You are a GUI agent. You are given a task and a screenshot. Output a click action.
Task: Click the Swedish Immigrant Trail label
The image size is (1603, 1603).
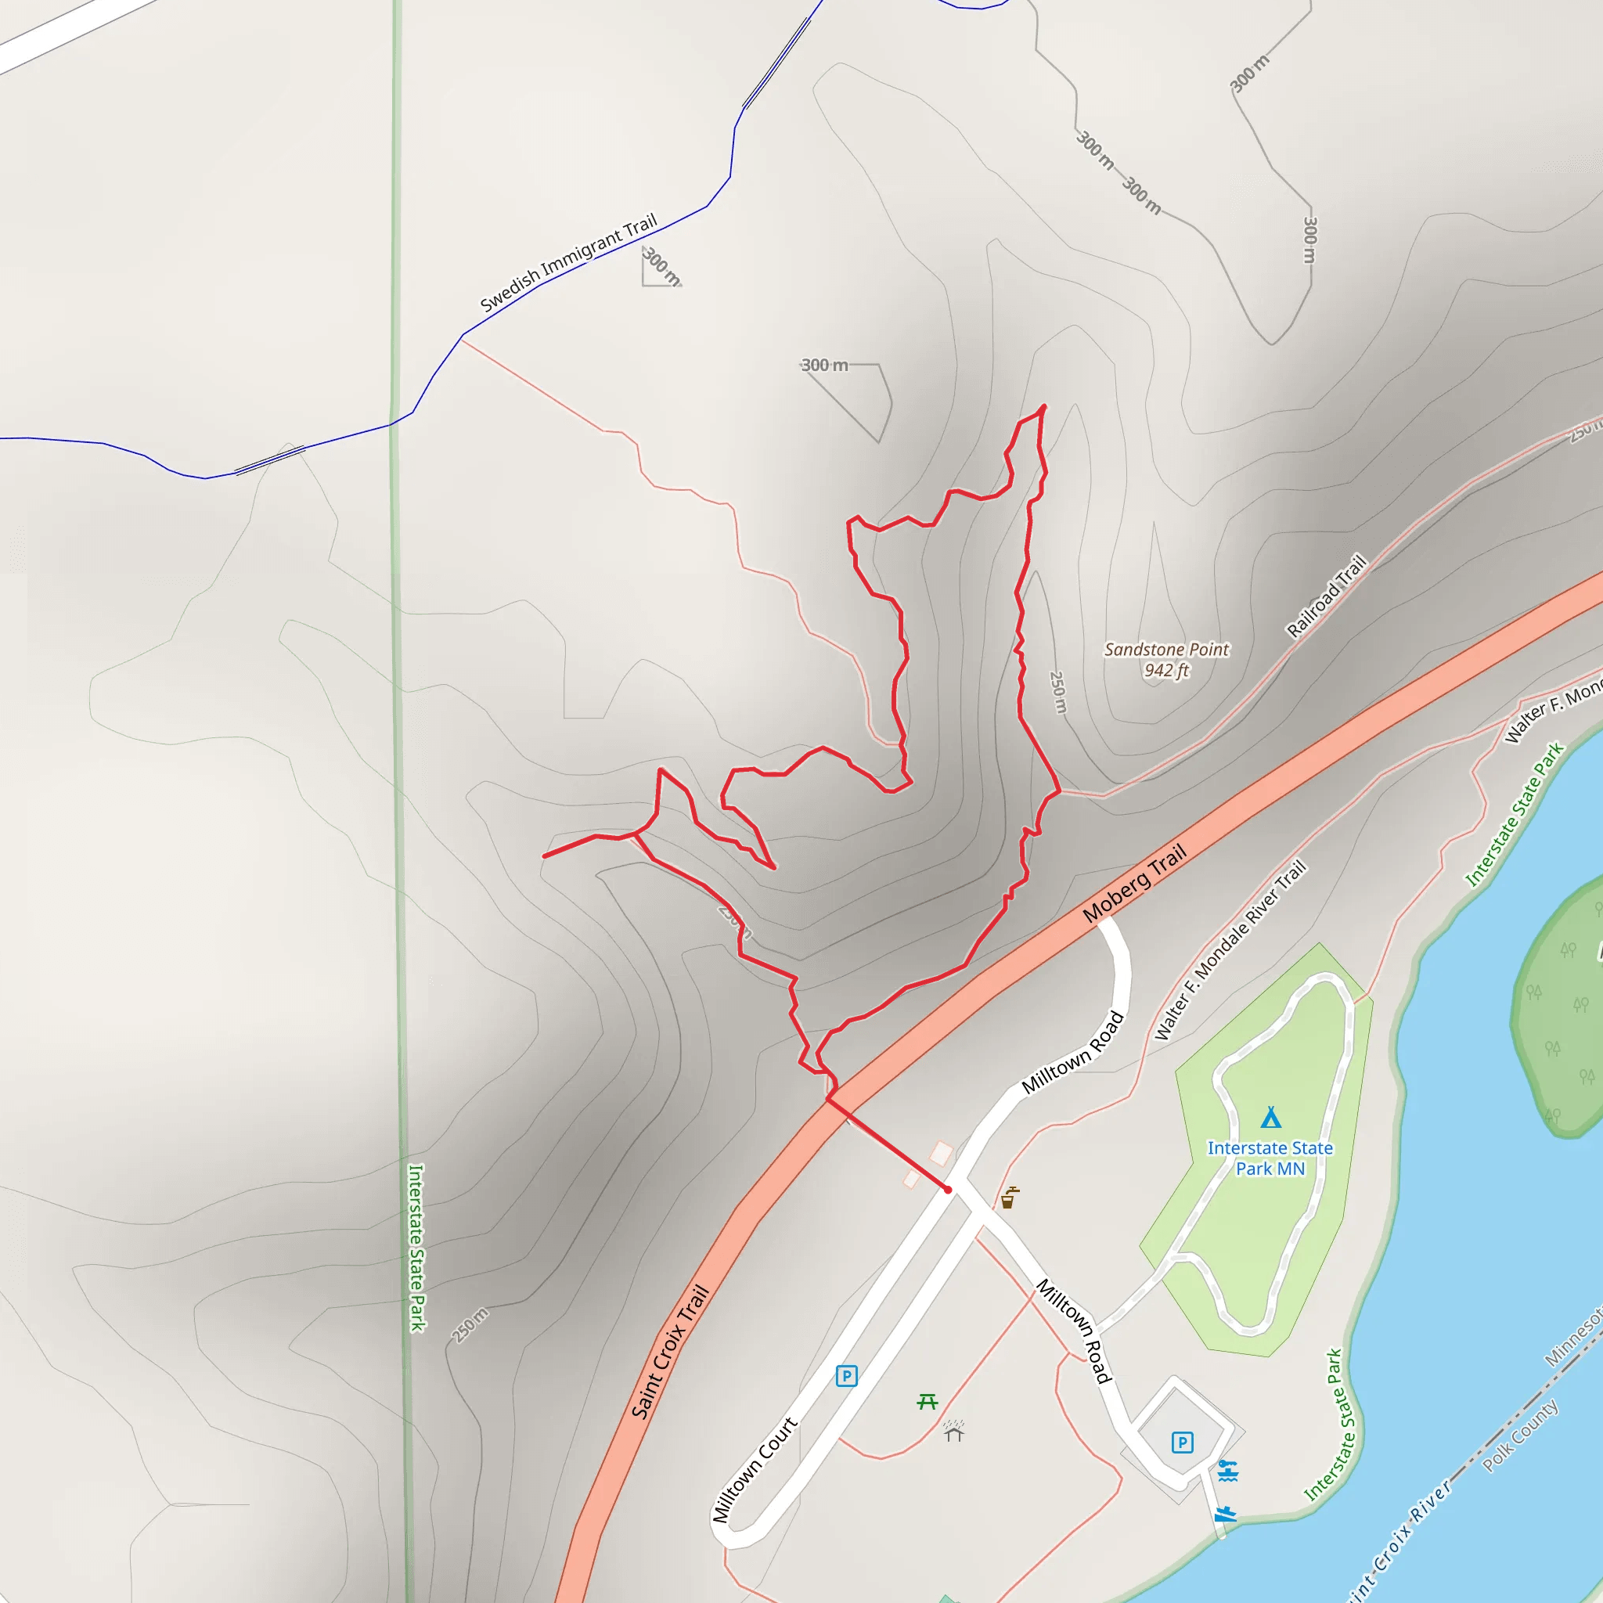[568, 262]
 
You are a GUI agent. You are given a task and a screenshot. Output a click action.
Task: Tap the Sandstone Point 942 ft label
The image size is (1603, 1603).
[1165, 660]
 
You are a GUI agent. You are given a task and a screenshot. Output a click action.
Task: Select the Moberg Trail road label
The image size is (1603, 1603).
[1134, 884]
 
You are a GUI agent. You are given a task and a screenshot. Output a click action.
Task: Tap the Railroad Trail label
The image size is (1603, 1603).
[1326, 596]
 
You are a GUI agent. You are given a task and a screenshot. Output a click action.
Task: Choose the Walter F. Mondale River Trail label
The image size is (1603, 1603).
[1230, 951]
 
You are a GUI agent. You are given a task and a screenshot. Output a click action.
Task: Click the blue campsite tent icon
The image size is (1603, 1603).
[1270, 1118]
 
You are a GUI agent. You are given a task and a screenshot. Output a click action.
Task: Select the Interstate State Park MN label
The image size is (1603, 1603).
[1270, 1158]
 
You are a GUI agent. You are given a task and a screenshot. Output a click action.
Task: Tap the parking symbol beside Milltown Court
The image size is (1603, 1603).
[845, 1377]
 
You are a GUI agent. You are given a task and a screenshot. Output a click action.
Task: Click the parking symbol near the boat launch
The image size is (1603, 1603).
[1183, 1443]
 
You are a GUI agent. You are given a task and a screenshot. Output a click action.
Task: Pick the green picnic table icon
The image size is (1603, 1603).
[928, 1401]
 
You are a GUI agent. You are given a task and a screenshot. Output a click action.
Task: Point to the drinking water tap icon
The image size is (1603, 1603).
[1008, 1198]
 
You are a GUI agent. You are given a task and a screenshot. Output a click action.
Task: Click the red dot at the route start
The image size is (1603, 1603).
[948, 1190]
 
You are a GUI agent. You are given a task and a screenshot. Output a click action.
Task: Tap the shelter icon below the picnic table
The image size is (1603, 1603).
[953, 1431]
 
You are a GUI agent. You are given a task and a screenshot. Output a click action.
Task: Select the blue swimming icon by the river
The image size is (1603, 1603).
[1228, 1470]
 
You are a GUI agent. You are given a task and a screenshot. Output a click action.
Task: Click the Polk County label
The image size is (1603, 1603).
[1520, 1436]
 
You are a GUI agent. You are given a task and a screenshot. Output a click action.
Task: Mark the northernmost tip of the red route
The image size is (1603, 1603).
[1043, 406]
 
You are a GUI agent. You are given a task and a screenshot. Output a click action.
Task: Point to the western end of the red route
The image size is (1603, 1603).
[544, 856]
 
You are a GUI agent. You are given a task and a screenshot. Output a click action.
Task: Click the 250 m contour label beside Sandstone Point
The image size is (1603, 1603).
[1059, 692]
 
